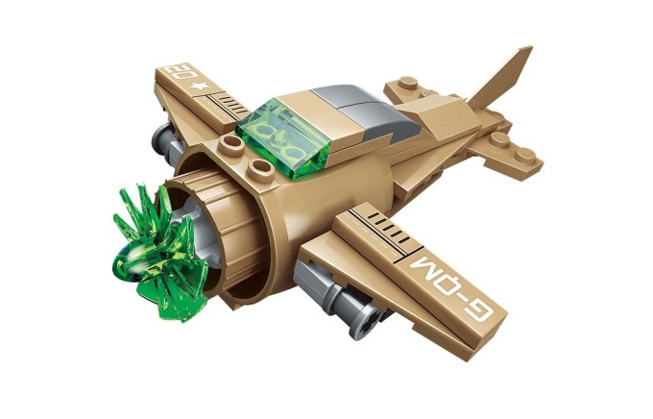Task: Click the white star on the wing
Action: click(x=200, y=87)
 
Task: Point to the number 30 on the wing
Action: click(x=178, y=75)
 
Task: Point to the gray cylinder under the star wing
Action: click(x=174, y=143)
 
